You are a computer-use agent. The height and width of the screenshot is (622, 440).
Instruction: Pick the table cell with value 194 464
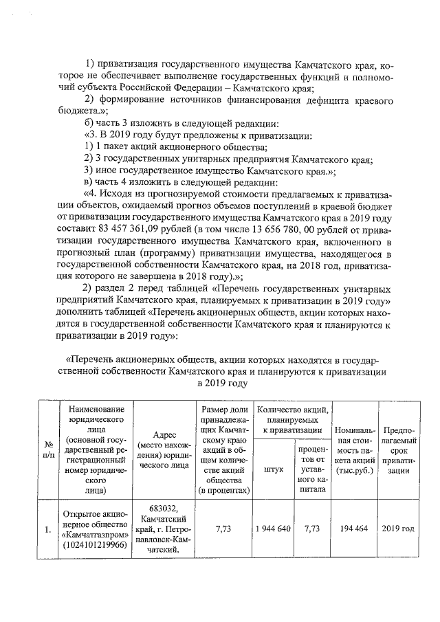(x=355, y=530)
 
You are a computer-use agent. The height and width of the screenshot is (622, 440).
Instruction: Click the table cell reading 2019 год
(x=398, y=530)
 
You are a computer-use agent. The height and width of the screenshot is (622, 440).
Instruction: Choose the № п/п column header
(x=47, y=449)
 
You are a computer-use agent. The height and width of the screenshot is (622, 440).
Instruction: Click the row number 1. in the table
(x=47, y=530)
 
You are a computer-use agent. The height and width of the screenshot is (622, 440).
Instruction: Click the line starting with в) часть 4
(x=181, y=182)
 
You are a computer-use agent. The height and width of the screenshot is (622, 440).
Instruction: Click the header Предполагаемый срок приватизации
(x=398, y=449)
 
